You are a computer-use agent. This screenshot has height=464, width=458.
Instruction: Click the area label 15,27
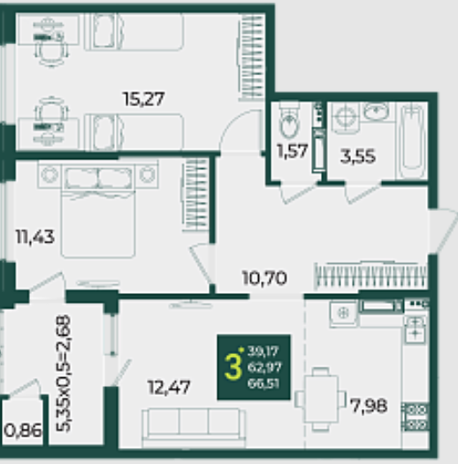[x=144, y=98]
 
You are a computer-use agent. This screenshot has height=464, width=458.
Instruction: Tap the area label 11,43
[x=35, y=236]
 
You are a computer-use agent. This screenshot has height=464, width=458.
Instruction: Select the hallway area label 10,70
[x=264, y=278]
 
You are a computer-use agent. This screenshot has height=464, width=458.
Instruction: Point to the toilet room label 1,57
[x=293, y=151]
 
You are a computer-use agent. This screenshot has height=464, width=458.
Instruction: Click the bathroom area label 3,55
[x=358, y=156]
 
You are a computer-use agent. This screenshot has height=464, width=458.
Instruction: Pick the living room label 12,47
[x=169, y=387]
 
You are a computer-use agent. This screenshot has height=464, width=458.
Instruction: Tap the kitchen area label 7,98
[x=369, y=406]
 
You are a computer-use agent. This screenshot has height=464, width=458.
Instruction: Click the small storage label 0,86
[x=23, y=430]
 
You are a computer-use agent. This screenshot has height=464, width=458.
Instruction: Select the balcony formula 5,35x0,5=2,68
[x=64, y=373]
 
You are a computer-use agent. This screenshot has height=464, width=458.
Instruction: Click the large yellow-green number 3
[x=233, y=367]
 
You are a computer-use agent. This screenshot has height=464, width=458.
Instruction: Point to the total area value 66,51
[x=263, y=383]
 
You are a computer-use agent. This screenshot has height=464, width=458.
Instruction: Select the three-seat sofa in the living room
[x=194, y=428]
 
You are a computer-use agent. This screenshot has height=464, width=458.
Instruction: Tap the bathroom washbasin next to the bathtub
[x=376, y=112]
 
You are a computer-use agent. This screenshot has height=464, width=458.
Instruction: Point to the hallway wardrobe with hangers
[x=370, y=275]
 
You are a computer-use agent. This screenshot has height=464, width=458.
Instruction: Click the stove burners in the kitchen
[x=416, y=417]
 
